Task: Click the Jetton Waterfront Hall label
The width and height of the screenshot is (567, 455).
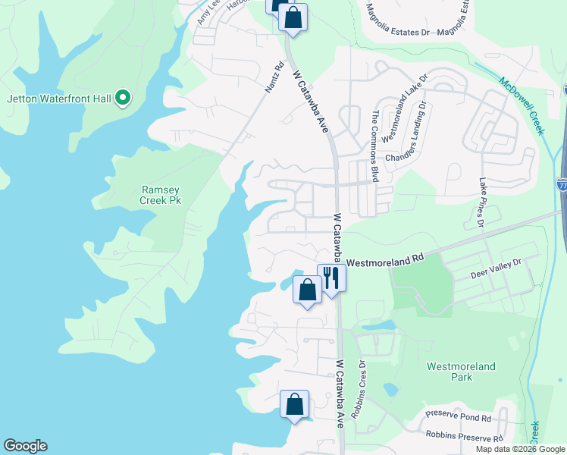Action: [59, 98]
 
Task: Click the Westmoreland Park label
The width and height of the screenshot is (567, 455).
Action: [461, 372]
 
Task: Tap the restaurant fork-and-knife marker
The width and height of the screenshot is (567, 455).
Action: [331, 278]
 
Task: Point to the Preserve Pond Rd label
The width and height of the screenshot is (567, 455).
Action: [458, 418]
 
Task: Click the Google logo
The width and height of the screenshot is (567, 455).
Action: [25, 446]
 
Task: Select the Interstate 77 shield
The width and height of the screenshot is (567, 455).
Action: [562, 184]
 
